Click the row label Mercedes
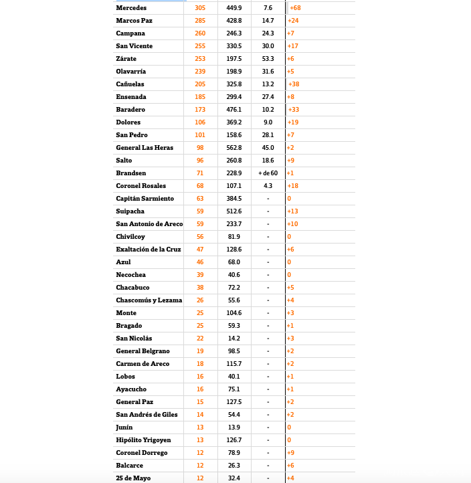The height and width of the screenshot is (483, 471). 130,8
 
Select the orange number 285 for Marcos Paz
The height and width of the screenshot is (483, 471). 200,21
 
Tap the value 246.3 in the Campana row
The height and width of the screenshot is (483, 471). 234,33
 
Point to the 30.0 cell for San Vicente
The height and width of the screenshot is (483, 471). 268,46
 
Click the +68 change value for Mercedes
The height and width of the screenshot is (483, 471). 295,8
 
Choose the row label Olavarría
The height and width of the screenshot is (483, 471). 131,72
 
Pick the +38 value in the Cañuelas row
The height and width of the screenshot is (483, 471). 294,84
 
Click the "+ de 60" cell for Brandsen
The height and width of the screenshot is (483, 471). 268,173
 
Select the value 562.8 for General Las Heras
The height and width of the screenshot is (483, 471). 234,148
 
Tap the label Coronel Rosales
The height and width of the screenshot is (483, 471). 141,186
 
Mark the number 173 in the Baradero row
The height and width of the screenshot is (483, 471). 200,110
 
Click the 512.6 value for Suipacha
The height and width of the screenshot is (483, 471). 234,211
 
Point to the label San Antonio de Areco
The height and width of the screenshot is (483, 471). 149,224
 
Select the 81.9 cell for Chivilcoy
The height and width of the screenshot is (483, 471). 234,237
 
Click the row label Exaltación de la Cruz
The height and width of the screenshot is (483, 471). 149,250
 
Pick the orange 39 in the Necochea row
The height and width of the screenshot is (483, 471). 200,275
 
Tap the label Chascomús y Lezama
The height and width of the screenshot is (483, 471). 149,300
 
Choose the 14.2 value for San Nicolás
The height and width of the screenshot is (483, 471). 234,339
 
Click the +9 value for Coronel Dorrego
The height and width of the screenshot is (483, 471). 291,453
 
